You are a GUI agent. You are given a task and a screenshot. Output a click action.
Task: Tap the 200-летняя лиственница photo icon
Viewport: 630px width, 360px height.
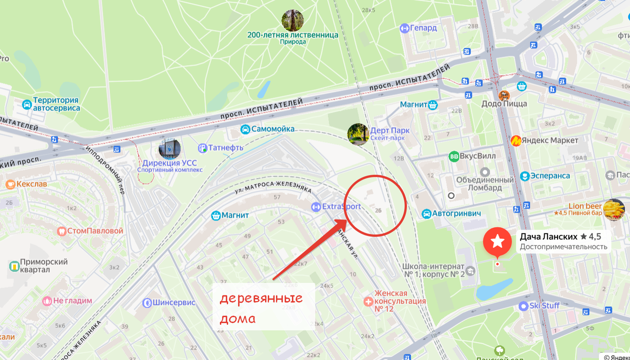click(x=292, y=20)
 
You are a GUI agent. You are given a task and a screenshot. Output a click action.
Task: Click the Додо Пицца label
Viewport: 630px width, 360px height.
click(x=504, y=104)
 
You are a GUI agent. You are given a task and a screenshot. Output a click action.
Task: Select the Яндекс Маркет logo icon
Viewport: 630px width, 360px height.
click(x=516, y=141)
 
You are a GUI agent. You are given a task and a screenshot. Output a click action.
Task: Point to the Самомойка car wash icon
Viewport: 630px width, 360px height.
click(x=245, y=129)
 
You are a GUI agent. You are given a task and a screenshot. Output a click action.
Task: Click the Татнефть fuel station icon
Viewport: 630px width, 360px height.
click(x=203, y=148)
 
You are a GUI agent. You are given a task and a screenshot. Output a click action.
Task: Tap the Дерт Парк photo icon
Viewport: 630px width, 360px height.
click(x=358, y=134)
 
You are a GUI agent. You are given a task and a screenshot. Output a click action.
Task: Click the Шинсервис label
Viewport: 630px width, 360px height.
click(x=174, y=303)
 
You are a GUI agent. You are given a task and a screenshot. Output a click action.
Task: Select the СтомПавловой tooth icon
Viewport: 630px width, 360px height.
click(x=61, y=230)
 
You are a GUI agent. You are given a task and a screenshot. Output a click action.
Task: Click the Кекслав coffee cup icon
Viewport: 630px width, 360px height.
click(x=9, y=184)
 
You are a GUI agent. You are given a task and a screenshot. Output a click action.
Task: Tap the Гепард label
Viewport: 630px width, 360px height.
click(x=423, y=28)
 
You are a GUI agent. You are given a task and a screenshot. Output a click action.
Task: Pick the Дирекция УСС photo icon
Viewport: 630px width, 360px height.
click(x=169, y=149)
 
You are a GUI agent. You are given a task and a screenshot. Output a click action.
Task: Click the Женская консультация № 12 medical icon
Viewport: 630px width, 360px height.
click(x=369, y=301)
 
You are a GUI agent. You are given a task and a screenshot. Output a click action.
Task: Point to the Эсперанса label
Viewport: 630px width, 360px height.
click(x=550, y=176)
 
